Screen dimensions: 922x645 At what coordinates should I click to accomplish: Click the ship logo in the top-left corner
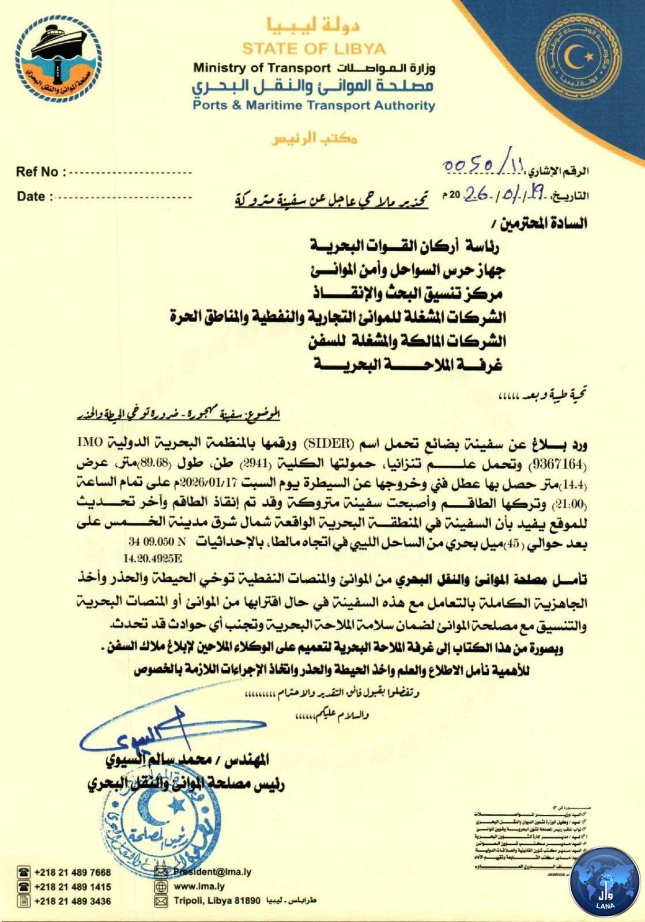tap(58, 59)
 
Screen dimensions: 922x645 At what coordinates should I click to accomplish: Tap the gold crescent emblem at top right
tap(578, 58)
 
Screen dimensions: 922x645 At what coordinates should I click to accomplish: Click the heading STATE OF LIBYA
tap(314, 48)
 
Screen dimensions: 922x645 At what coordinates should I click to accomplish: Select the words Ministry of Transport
tap(261, 67)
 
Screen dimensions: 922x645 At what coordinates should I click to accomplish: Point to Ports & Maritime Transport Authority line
tap(314, 105)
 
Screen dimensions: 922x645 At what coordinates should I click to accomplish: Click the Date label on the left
tap(31, 197)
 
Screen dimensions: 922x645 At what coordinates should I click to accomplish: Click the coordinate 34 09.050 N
tap(159, 542)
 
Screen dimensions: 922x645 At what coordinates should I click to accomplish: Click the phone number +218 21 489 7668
tap(73, 872)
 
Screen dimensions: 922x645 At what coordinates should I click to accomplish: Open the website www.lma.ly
tap(199, 887)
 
